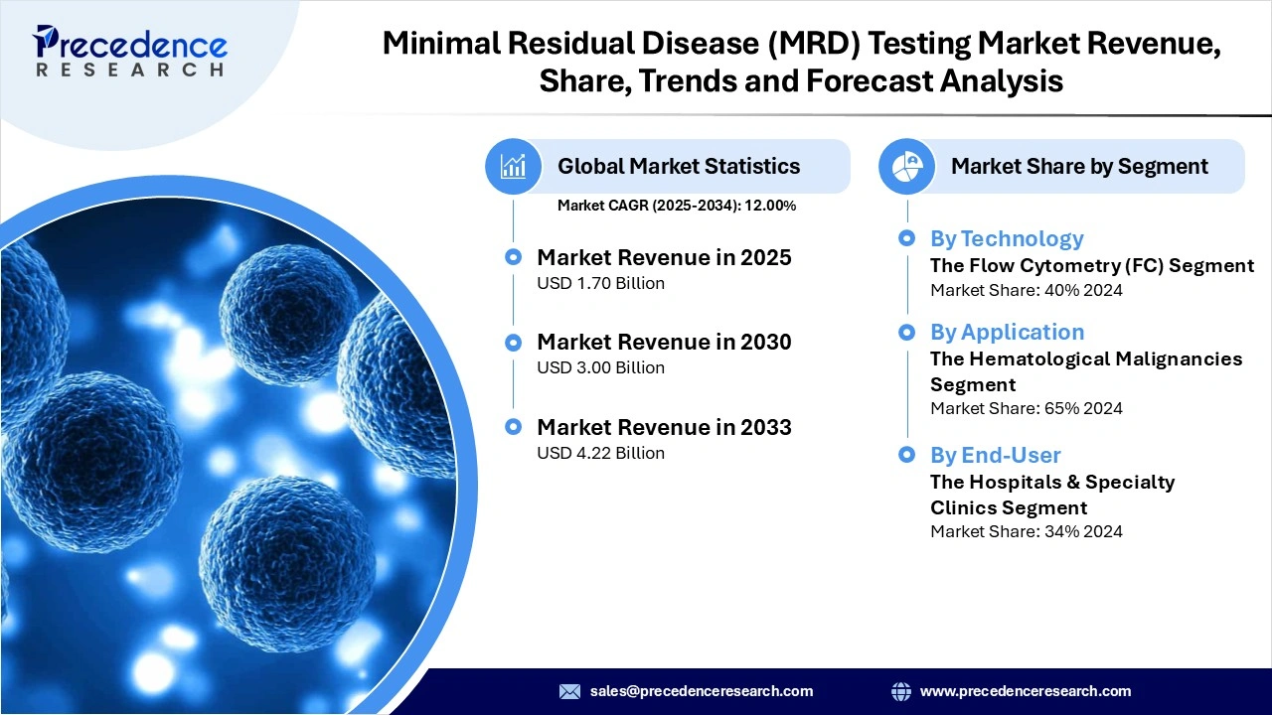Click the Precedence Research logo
point(130,51)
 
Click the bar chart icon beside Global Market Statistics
point(513,166)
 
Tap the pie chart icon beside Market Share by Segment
point(906,166)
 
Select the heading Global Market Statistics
point(678,166)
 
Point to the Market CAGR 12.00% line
point(676,206)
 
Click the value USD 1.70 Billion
point(600,283)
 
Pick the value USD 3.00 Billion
point(600,367)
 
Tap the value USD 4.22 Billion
point(600,453)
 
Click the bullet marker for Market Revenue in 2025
point(513,257)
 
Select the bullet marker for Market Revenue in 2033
point(513,427)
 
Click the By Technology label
point(1006,238)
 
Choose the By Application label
point(1007,332)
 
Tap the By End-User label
point(995,455)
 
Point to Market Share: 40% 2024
point(1026,290)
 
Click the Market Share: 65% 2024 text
point(1026,408)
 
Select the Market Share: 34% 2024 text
point(1026,531)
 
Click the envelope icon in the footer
point(569,691)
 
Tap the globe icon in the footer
point(901,691)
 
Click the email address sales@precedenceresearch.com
point(702,691)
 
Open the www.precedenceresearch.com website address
point(1026,691)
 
